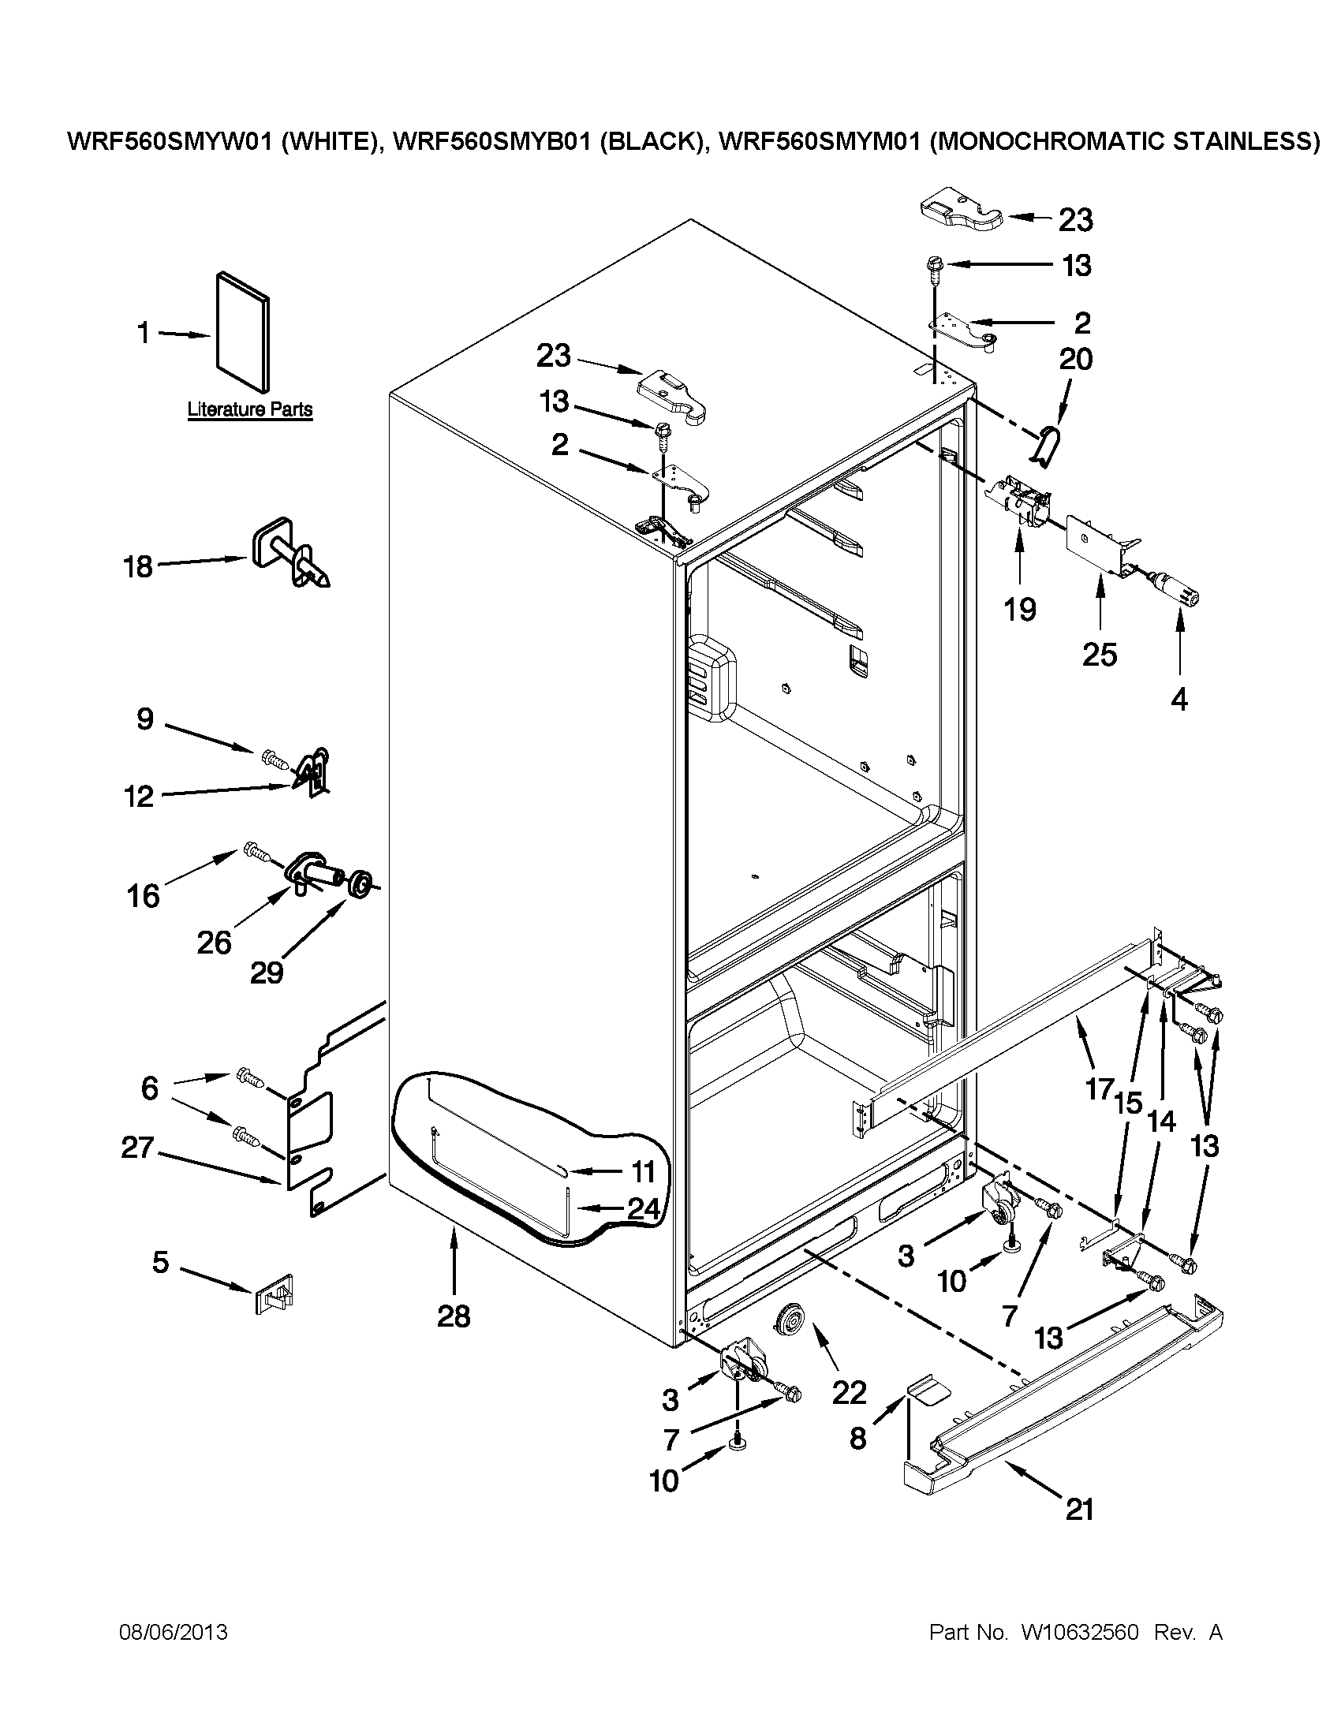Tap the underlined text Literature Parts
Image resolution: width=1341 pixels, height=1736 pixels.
(249, 410)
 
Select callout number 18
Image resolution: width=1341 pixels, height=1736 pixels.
(138, 567)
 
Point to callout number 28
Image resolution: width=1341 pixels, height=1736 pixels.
(454, 1317)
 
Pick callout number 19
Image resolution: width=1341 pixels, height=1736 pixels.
(1019, 610)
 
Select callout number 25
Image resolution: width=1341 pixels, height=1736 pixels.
(1100, 654)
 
